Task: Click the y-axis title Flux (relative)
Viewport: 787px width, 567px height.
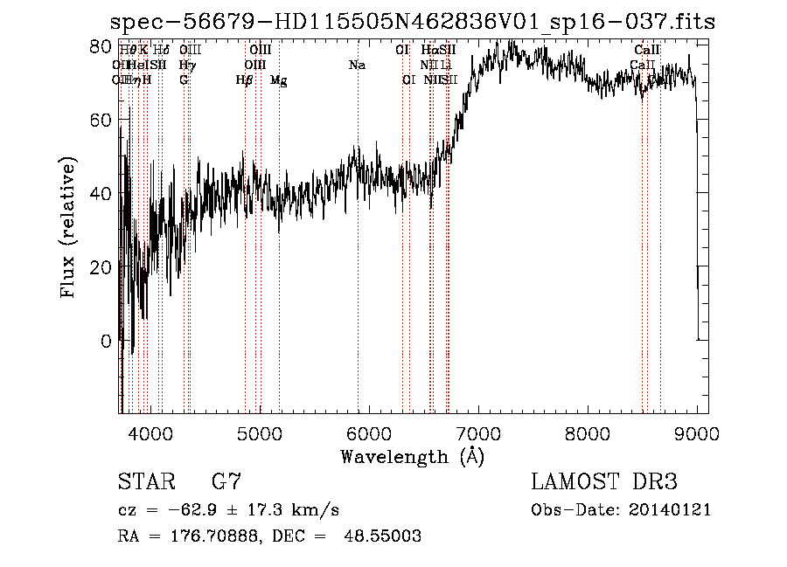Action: pos(68,227)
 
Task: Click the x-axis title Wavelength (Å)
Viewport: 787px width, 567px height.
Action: pos(412,456)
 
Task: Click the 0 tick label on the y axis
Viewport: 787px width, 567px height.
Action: pos(107,341)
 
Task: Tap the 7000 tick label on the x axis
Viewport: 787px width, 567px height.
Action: pos(478,432)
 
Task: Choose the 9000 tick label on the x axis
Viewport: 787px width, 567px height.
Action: pos(697,432)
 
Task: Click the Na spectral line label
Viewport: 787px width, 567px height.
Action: pos(357,66)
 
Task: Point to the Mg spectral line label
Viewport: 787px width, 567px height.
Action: pos(278,80)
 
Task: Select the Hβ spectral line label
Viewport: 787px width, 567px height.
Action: pos(245,80)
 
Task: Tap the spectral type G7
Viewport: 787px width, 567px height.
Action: pos(226,481)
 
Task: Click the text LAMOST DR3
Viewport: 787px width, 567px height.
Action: pos(603,481)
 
